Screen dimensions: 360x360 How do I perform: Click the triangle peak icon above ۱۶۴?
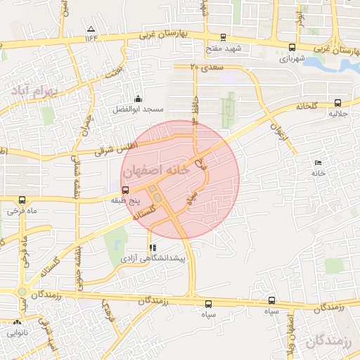point(90,29)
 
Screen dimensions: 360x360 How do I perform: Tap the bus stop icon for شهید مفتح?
point(223,37)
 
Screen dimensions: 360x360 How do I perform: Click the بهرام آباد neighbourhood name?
point(31,91)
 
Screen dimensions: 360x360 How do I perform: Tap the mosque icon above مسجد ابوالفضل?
point(138,99)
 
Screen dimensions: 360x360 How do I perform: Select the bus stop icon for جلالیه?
point(337,101)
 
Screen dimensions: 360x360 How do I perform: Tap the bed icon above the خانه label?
point(319,162)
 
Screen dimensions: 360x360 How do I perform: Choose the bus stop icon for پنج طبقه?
point(126,190)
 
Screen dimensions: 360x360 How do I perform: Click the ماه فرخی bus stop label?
point(21,210)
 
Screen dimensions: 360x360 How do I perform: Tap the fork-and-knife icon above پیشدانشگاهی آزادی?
point(152,247)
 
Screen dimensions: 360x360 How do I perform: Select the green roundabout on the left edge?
point(22,291)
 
